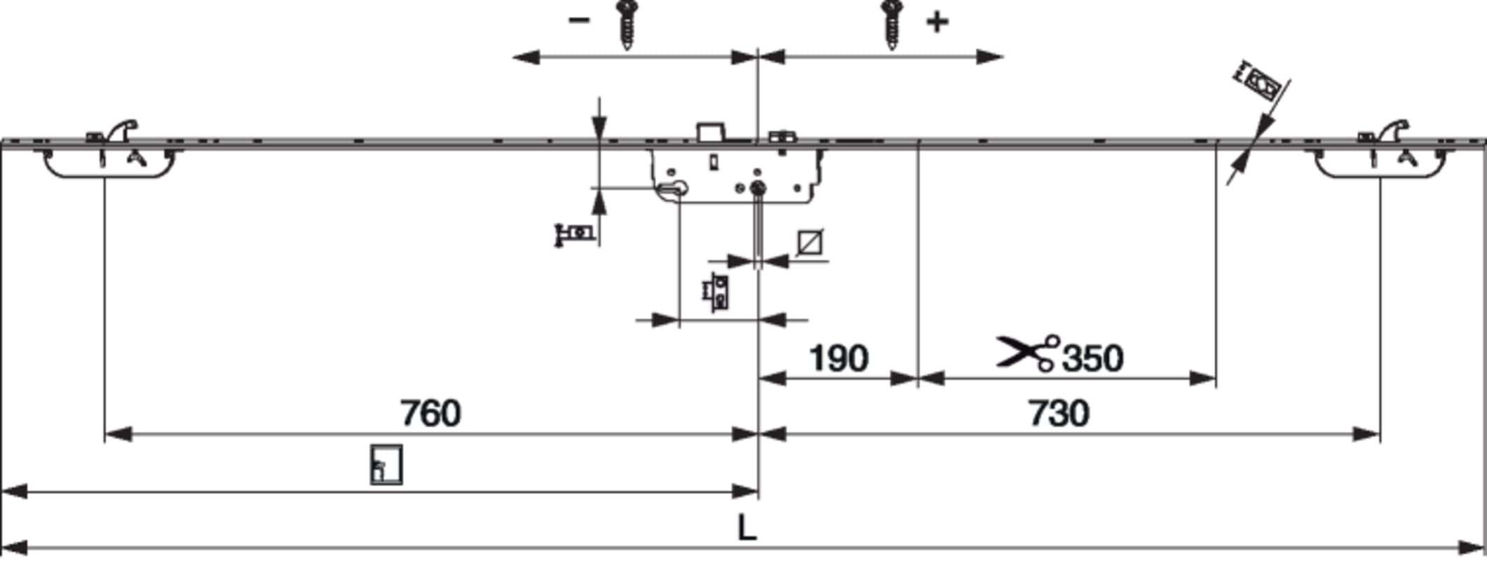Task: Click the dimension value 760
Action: (430, 413)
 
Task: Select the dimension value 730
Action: (1059, 413)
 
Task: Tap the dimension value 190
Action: (838, 358)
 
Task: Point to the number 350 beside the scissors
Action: (1093, 358)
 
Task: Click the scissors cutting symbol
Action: (1028, 353)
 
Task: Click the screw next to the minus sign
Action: (625, 25)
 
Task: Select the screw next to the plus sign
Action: (892, 25)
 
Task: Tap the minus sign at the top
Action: (578, 20)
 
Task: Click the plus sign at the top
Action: (937, 22)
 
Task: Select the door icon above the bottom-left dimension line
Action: (386, 464)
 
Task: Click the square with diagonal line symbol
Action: (810, 243)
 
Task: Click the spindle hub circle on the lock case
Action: (757, 188)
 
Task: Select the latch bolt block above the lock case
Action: (710, 132)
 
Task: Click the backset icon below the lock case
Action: (717, 292)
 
